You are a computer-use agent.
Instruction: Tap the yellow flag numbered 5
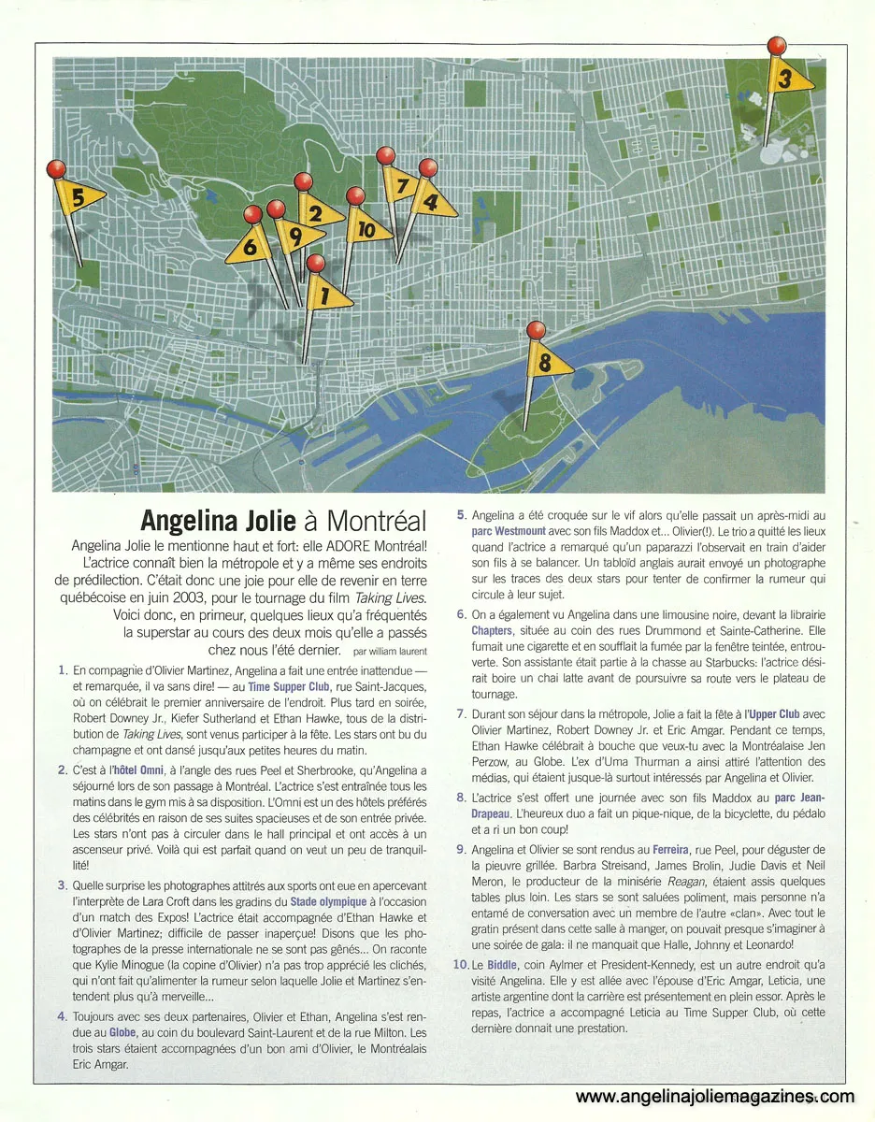[79, 197]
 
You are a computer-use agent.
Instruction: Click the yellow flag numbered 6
[253, 246]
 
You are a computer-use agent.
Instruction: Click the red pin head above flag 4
[428, 167]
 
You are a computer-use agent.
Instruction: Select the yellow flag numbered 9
[293, 235]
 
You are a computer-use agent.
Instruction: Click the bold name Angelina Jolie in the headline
[221, 520]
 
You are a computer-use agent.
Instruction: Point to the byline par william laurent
[391, 650]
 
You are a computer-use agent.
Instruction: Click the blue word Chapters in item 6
[492, 631]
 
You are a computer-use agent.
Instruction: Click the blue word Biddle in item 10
[505, 962]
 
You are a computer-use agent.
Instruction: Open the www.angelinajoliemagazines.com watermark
[715, 1097]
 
